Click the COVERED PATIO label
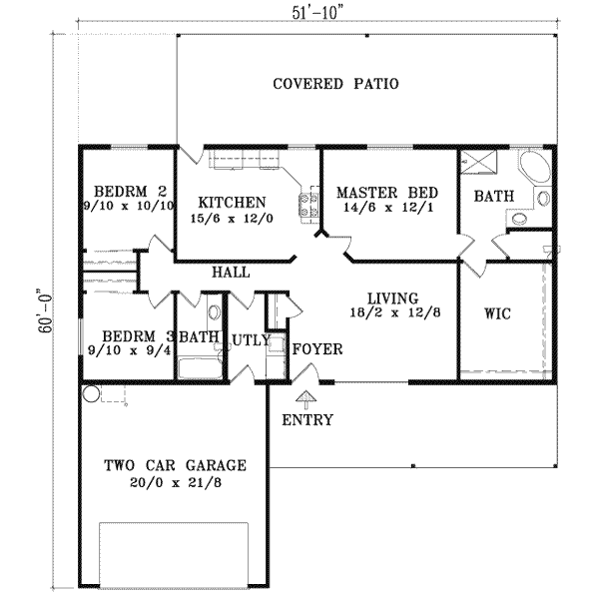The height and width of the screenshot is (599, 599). tap(335, 84)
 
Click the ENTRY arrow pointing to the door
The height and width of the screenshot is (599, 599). tap(304, 399)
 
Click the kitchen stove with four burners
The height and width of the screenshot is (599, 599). tap(307, 205)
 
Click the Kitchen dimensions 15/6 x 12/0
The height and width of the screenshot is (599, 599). tap(231, 218)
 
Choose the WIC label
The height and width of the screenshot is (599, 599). tap(497, 314)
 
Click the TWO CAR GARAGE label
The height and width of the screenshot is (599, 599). tap(174, 466)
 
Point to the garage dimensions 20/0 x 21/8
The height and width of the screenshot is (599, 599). tap(174, 483)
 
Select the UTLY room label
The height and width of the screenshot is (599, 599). tap(251, 340)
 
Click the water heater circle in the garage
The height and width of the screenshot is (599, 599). tap(92, 393)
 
